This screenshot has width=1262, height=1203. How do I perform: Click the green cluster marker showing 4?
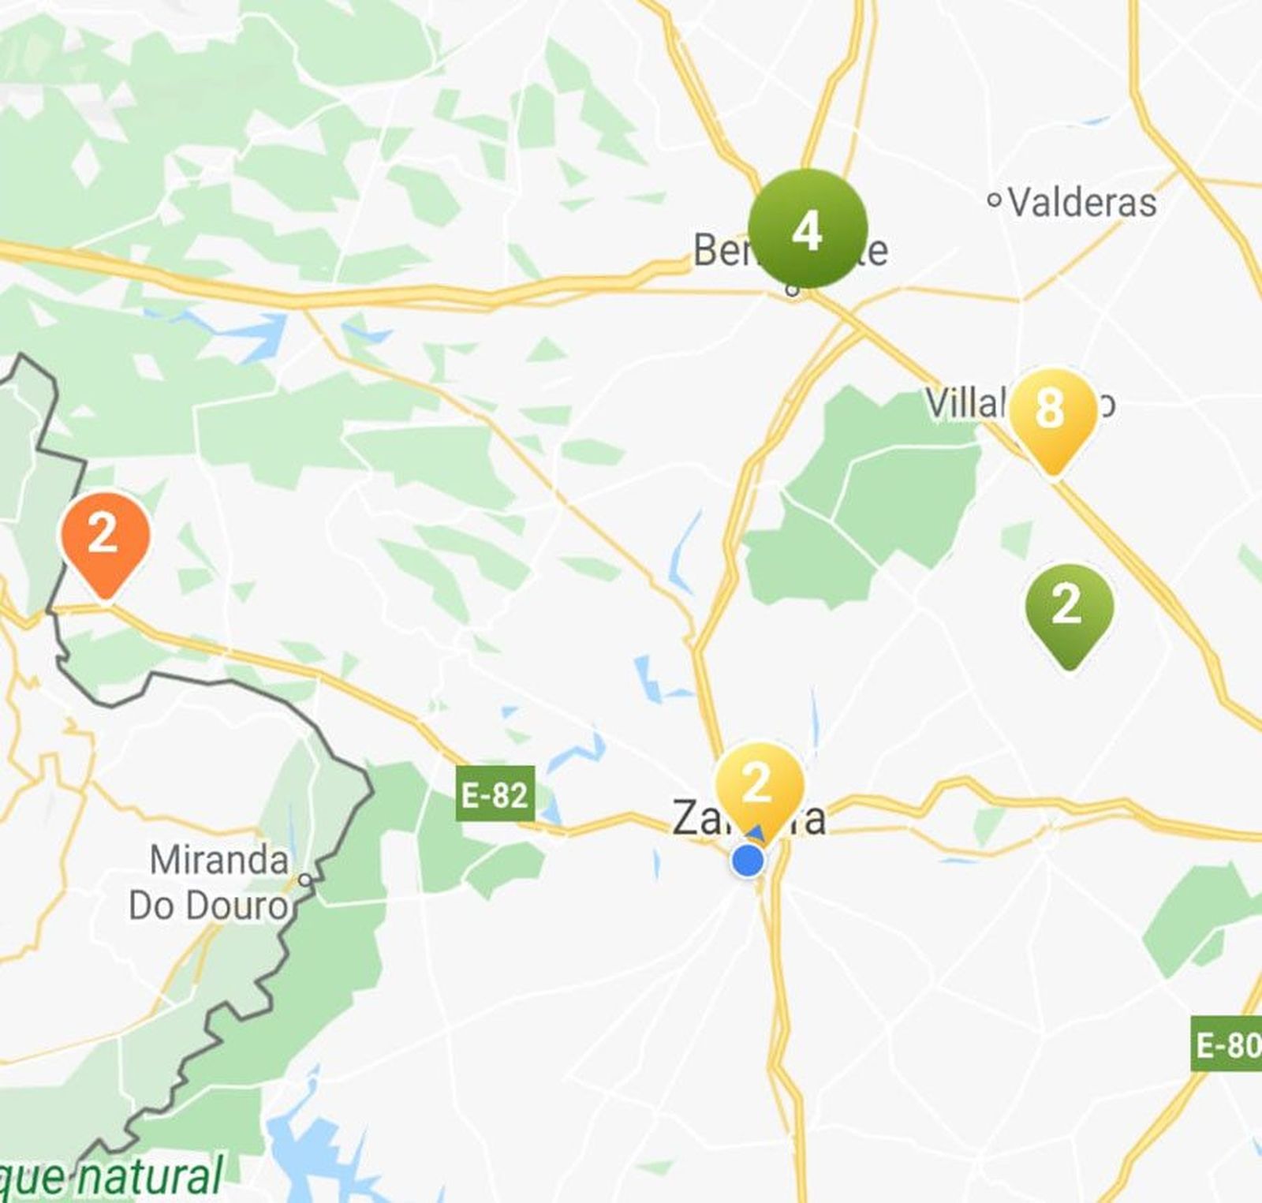(807, 229)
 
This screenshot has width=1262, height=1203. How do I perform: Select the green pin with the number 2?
(1068, 608)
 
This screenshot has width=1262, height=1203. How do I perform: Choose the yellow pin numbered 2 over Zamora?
(758, 786)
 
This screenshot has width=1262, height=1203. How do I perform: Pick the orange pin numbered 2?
(105, 537)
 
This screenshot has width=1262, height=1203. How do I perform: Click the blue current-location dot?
(748, 860)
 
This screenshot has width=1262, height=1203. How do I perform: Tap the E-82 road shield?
(495, 794)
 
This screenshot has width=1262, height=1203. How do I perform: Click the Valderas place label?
(1082, 203)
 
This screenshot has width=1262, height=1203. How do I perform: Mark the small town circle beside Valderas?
(995, 200)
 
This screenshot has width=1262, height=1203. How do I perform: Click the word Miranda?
(218, 860)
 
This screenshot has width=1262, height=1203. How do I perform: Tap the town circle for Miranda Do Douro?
(305, 879)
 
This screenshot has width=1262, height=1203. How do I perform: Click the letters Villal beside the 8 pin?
(964, 404)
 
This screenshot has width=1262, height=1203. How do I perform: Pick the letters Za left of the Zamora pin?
(692, 818)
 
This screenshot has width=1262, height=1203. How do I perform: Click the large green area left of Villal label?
(860, 489)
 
